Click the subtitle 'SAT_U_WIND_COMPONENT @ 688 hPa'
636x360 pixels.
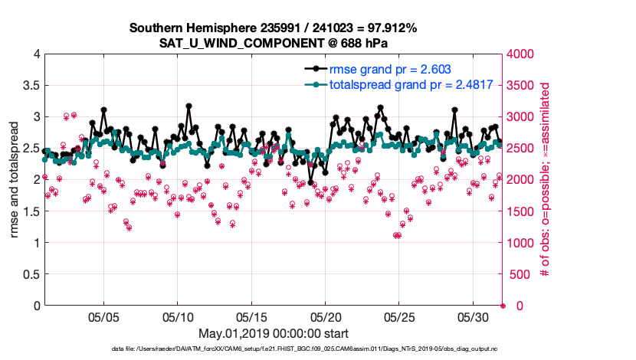pos(273,43)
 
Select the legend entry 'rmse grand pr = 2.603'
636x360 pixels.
pos(384,69)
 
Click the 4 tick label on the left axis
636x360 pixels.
pos(36,54)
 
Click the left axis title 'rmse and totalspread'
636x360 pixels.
pos(15,180)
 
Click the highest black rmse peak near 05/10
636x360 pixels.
pos(189,106)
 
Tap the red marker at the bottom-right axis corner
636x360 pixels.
pos(503,306)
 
